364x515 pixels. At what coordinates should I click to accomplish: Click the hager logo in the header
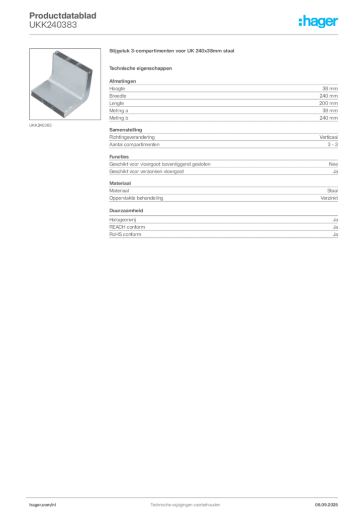[318, 22]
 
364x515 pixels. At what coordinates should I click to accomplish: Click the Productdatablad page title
[63, 16]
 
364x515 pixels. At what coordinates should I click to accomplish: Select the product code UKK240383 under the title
[53, 25]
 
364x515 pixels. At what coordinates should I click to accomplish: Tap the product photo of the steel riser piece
[65, 84]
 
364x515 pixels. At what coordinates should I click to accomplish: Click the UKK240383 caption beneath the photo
[40, 125]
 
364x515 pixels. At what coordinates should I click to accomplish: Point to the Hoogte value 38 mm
[330, 89]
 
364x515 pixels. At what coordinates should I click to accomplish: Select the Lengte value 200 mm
[328, 103]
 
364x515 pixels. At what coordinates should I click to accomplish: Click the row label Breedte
[118, 96]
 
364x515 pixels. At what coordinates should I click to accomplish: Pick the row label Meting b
[119, 118]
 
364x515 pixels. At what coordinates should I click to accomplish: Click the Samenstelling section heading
[126, 130]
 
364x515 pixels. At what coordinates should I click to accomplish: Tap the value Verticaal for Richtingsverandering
[328, 137]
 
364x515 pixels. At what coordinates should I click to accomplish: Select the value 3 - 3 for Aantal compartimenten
[332, 144]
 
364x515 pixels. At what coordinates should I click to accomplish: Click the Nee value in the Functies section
[333, 164]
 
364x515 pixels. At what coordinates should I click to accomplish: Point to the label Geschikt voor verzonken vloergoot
[146, 171]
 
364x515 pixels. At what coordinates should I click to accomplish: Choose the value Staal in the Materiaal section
[332, 191]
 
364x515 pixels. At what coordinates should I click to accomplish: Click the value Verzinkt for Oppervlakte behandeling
[329, 198]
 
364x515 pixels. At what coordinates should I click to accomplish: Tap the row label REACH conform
[127, 227]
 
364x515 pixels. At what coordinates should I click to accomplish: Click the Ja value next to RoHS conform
[335, 234]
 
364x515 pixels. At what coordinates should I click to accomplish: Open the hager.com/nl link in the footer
[43, 505]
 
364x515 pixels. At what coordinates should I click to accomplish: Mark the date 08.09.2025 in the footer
[326, 505]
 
